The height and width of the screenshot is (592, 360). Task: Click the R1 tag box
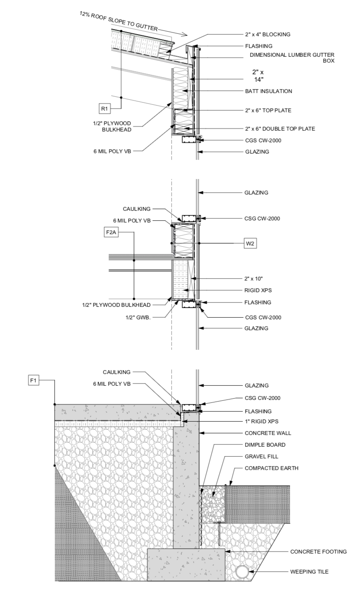tap(105, 109)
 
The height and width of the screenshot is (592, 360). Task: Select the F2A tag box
tap(111, 233)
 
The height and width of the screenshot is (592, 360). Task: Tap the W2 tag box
tap(250, 243)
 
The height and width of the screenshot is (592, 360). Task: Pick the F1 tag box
tap(33, 380)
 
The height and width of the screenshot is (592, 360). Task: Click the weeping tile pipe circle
tap(242, 572)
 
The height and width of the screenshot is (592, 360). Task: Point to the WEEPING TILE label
tap(309, 572)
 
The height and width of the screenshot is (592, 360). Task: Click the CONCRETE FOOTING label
tap(319, 552)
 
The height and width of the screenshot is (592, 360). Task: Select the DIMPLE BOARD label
tap(265, 445)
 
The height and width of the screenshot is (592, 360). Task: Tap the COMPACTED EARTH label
tap(271, 468)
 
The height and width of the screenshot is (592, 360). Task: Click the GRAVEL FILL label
tap(261, 456)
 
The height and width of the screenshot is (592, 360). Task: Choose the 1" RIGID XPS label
tap(262, 421)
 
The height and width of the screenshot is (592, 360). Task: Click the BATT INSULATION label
tap(269, 91)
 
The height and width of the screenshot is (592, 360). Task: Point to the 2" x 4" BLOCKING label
tap(267, 34)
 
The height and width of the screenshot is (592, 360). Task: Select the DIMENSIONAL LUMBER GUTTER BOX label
tap(292, 58)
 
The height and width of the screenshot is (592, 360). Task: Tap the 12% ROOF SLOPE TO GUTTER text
tap(119, 21)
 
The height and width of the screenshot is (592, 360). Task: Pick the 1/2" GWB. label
tap(138, 317)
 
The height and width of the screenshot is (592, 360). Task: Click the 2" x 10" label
tap(254, 278)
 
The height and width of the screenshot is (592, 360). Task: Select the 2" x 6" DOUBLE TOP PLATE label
tap(280, 129)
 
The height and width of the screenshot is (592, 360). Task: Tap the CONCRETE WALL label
tap(268, 433)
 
